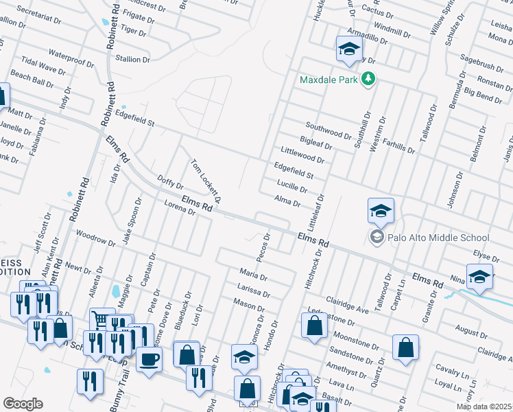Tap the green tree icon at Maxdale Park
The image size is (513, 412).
tap(368, 79)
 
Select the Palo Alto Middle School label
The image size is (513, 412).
tap(427, 238)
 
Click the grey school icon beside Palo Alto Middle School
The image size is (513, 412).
tap(376, 238)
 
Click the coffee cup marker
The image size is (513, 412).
tap(149, 358)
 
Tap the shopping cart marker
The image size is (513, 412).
tap(102, 319)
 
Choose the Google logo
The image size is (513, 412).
tap(23, 404)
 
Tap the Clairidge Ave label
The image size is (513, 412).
tap(347, 306)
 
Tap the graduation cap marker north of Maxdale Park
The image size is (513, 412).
tap(348, 49)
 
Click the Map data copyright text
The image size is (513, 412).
tap(484, 407)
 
